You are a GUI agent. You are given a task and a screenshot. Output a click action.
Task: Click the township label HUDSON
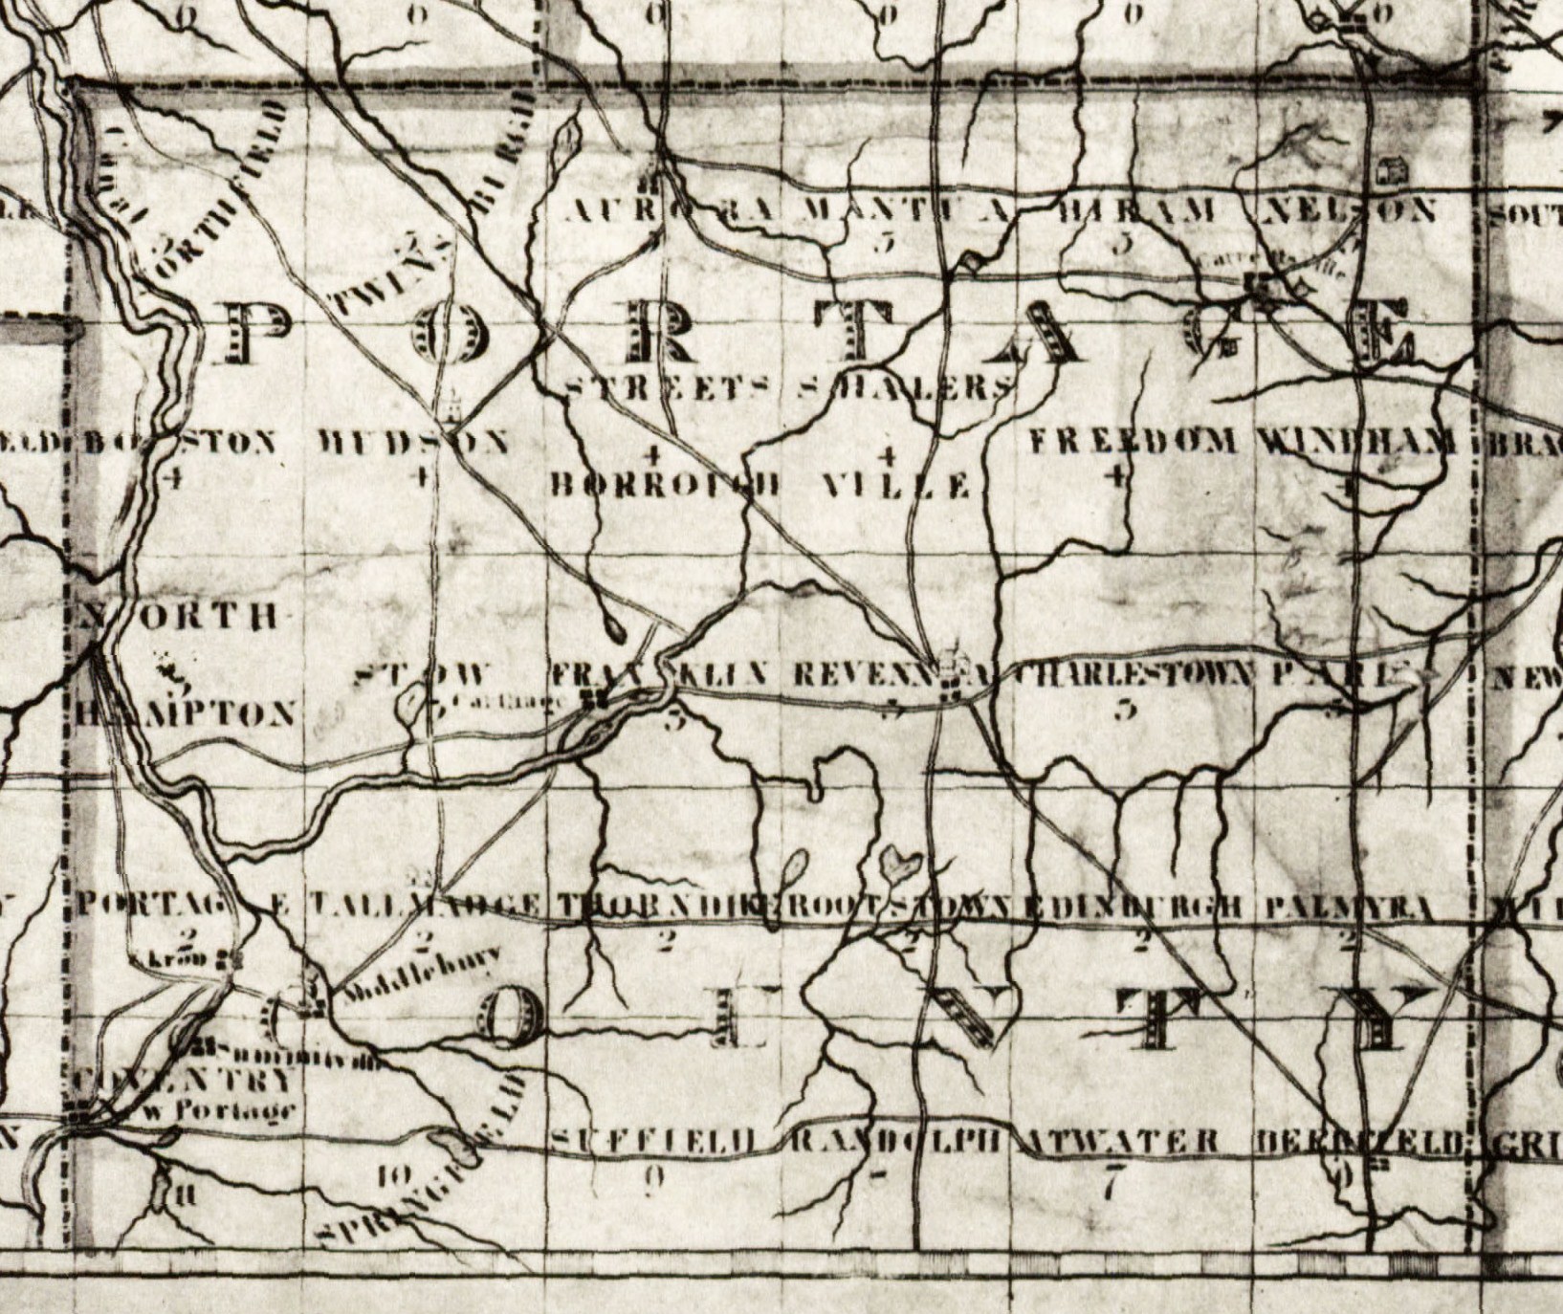click(x=413, y=443)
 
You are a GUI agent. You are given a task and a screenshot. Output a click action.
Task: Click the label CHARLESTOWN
click(x=1133, y=675)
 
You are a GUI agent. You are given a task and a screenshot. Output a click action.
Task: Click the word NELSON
click(x=1349, y=210)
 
